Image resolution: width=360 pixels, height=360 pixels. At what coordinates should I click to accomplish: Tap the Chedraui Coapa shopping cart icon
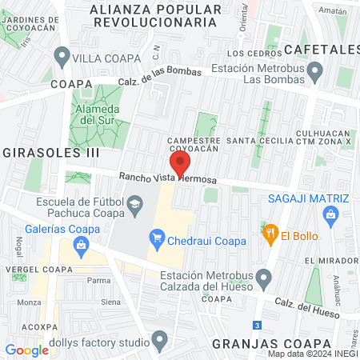(x=158, y=238)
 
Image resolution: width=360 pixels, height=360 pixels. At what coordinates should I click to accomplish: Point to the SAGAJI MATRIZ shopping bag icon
(x=330, y=214)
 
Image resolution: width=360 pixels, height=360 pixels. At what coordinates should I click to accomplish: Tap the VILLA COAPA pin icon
(x=62, y=57)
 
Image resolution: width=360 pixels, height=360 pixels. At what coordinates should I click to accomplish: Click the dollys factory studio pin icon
(x=160, y=343)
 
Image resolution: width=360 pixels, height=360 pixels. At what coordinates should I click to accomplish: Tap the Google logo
(x=27, y=350)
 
